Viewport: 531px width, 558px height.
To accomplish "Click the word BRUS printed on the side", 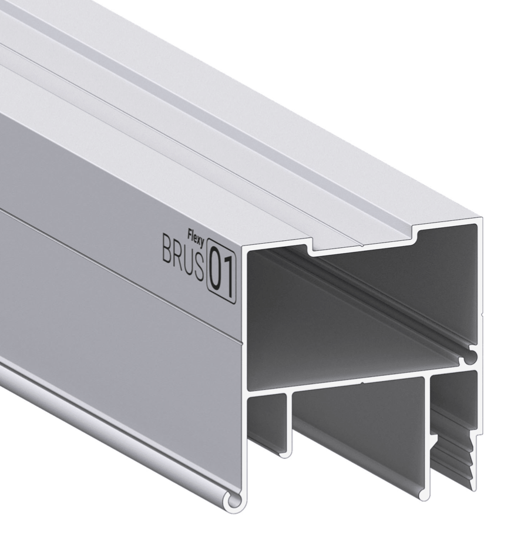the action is point(184,256).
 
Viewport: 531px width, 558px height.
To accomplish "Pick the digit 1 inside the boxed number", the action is point(229,278).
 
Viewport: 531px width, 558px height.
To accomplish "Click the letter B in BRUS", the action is point(167,248).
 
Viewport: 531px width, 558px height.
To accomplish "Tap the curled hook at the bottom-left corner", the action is point(235,500).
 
